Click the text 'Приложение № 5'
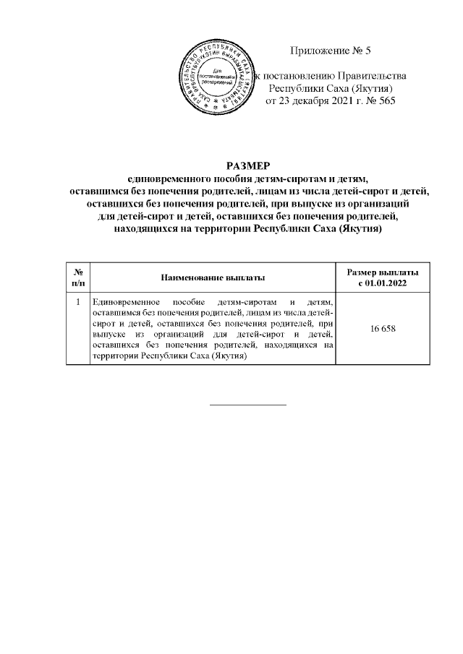pos(329,51)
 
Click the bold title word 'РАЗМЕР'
pos(247,166)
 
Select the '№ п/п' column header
pos(77,277)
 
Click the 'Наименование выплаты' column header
pos(212,277)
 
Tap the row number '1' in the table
pos(77,301)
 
